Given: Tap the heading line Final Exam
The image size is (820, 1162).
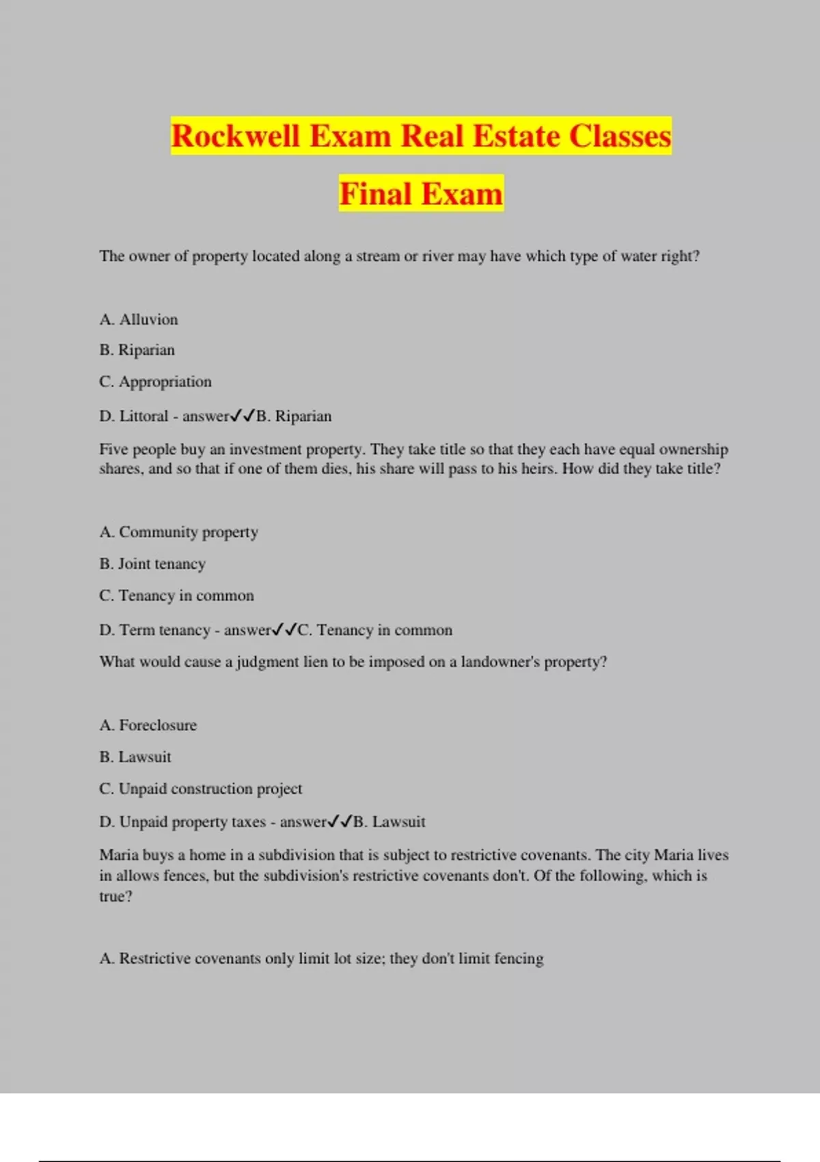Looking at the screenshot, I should (x=421, y=194).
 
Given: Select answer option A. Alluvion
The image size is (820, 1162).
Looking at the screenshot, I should (x=139, y=319).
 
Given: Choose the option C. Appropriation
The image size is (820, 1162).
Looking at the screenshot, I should (x=155, y=381).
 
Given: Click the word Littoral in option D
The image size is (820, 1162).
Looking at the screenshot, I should (x=143, y=416).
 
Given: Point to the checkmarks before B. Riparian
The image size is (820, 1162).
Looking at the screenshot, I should (x=243, y=416).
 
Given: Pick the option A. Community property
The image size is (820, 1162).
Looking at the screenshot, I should (x=178, y=532).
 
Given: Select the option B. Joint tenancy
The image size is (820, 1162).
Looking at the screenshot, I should (x=152, y=564).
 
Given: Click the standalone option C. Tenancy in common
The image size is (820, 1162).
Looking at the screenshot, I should (x=176, y=595).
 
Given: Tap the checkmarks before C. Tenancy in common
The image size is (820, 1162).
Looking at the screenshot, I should (x=284, y=630).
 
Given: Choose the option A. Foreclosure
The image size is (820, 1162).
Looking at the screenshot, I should (x=148, y=725).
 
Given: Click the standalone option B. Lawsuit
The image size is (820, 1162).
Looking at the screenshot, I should (x=135, y=757).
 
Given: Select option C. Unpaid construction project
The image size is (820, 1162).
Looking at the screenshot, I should (x=200, y=788).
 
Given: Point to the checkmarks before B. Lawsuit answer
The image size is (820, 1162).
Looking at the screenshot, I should (x=340, y=822).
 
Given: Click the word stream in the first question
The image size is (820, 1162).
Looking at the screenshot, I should (x=377, y=256).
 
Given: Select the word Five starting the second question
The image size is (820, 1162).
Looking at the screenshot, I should (x=113, y=449).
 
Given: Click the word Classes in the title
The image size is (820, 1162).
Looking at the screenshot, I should (x=620, y=136).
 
